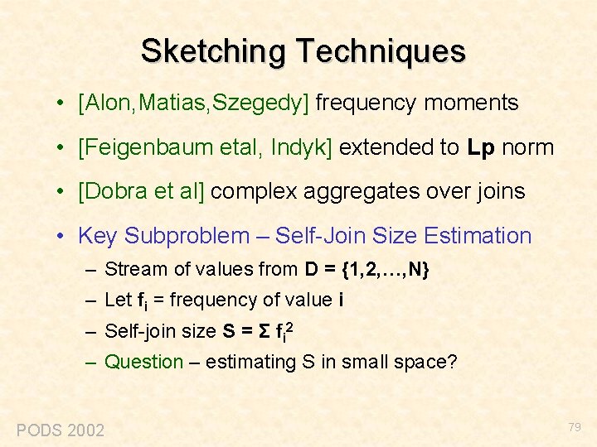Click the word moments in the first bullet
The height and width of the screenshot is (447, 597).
click(x=471, y=103)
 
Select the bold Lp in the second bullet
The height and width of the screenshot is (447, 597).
click(x=481, y=148)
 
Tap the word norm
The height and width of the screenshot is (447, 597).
click(x=528, y=148)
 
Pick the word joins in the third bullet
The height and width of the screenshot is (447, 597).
click(x=500, y=192)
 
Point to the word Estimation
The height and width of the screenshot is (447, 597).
click(x=477, y=236)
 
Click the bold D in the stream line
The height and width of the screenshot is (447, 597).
click(x=311, y=269)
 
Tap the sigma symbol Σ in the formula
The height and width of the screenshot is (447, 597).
click(x=265, y=331)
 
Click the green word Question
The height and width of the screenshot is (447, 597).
click(x=144, y=362)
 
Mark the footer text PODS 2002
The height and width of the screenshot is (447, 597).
click(x=61, y=430)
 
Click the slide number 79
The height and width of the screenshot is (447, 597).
click(x=575, y=427)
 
